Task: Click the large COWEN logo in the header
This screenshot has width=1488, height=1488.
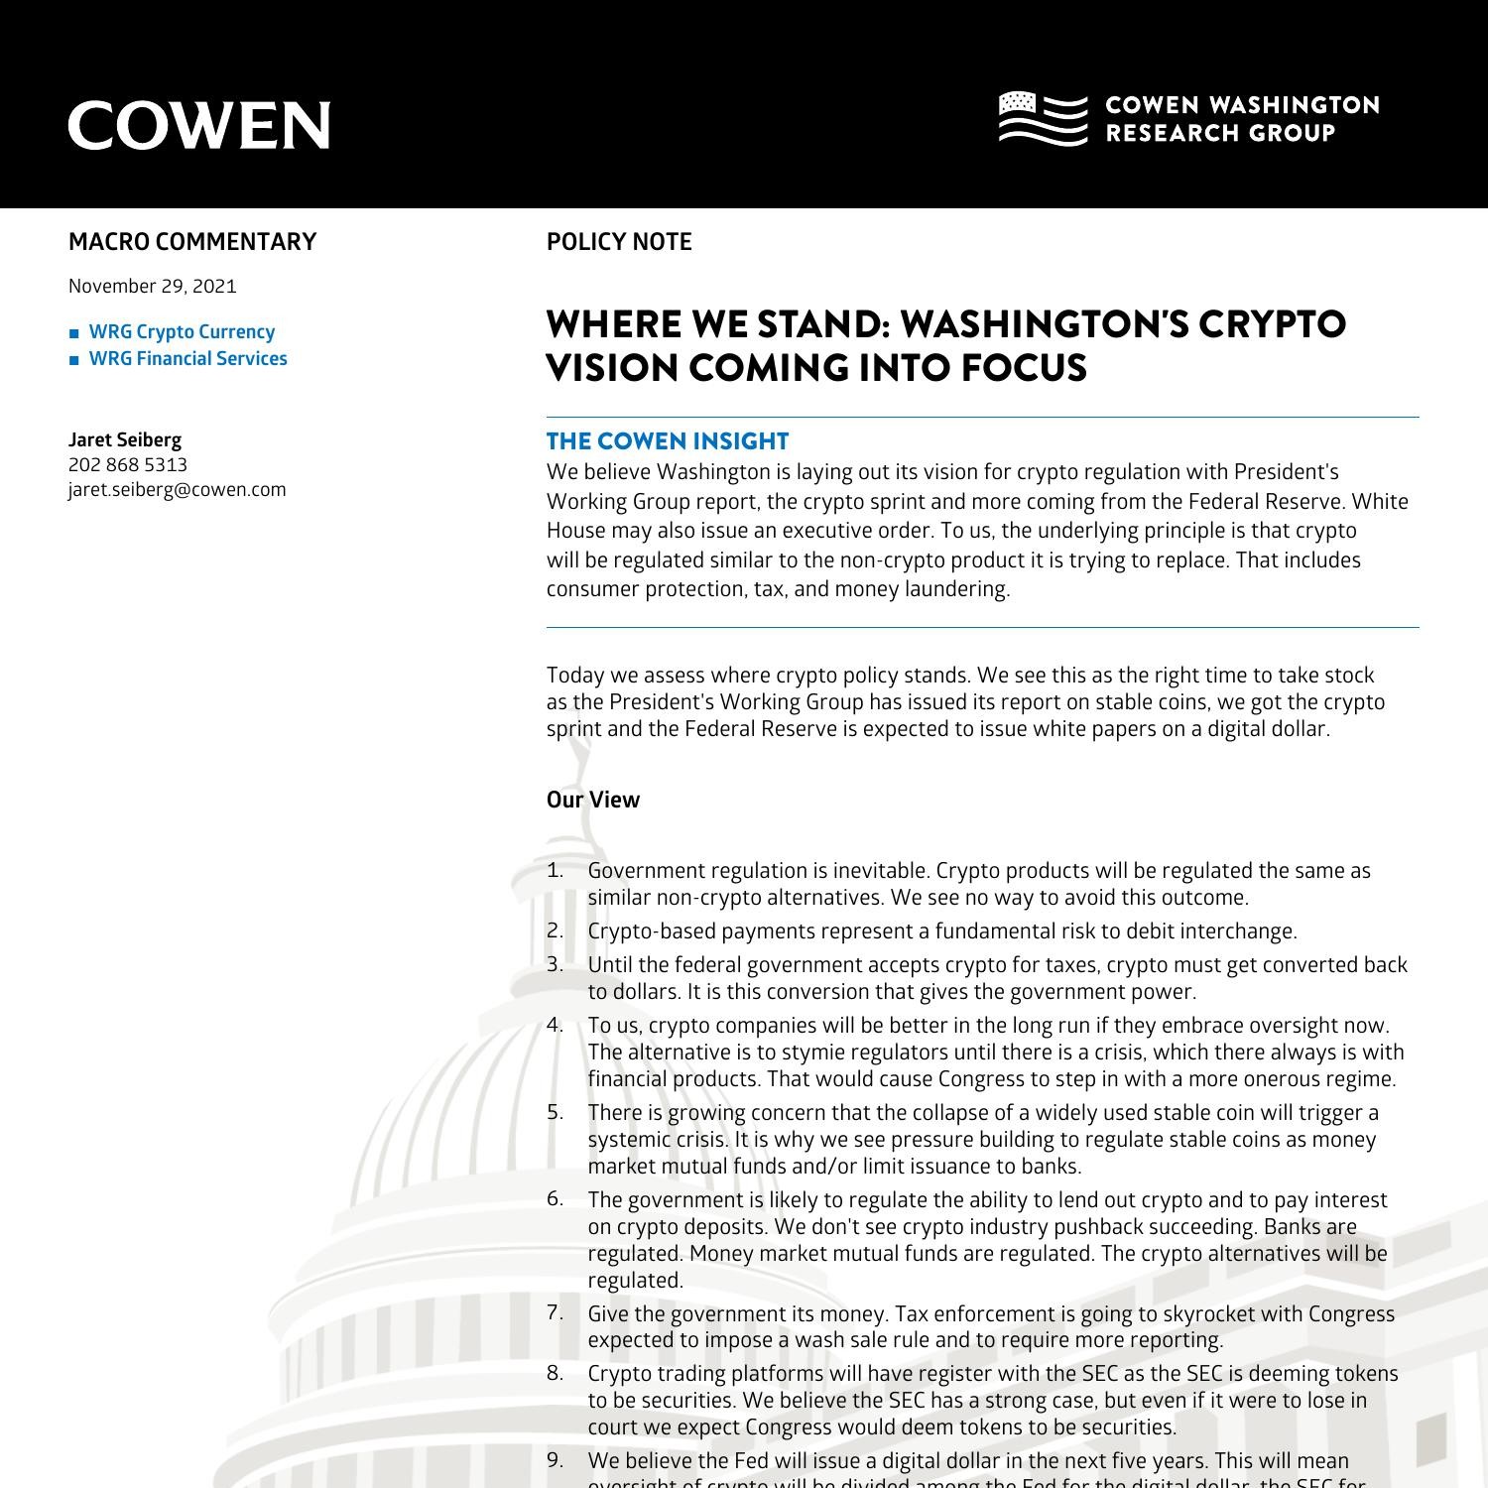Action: click(198, 125)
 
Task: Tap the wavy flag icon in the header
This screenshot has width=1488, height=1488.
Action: click(1043, 118)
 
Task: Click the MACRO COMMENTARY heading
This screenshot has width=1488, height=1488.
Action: click(192, 242)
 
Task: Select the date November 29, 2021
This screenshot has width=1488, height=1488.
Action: click(153, 287)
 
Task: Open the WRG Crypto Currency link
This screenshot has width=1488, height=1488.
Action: click(182, 332)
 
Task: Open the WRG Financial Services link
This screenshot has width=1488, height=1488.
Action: click(187, 359)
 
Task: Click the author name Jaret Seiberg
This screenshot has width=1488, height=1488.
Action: click(125, 439)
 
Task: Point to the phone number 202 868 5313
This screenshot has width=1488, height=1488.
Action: click(128, 465)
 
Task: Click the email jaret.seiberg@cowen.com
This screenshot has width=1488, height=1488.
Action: click(178, 490)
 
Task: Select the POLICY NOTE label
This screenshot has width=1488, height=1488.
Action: click(619, 242)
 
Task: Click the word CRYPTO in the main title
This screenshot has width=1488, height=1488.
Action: click(1273, 324)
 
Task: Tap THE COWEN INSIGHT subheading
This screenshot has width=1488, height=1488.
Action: click(668, 441)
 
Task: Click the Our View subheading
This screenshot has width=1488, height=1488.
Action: click(593, 800)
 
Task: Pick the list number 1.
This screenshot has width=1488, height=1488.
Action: click(555, 871)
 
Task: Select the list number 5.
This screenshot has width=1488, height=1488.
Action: click(555, 1113)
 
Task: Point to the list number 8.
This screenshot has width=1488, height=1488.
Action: click(555, 1374)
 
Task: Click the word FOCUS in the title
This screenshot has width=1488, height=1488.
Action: click(1024, 368)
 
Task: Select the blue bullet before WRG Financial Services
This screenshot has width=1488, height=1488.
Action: click(74, 360)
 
